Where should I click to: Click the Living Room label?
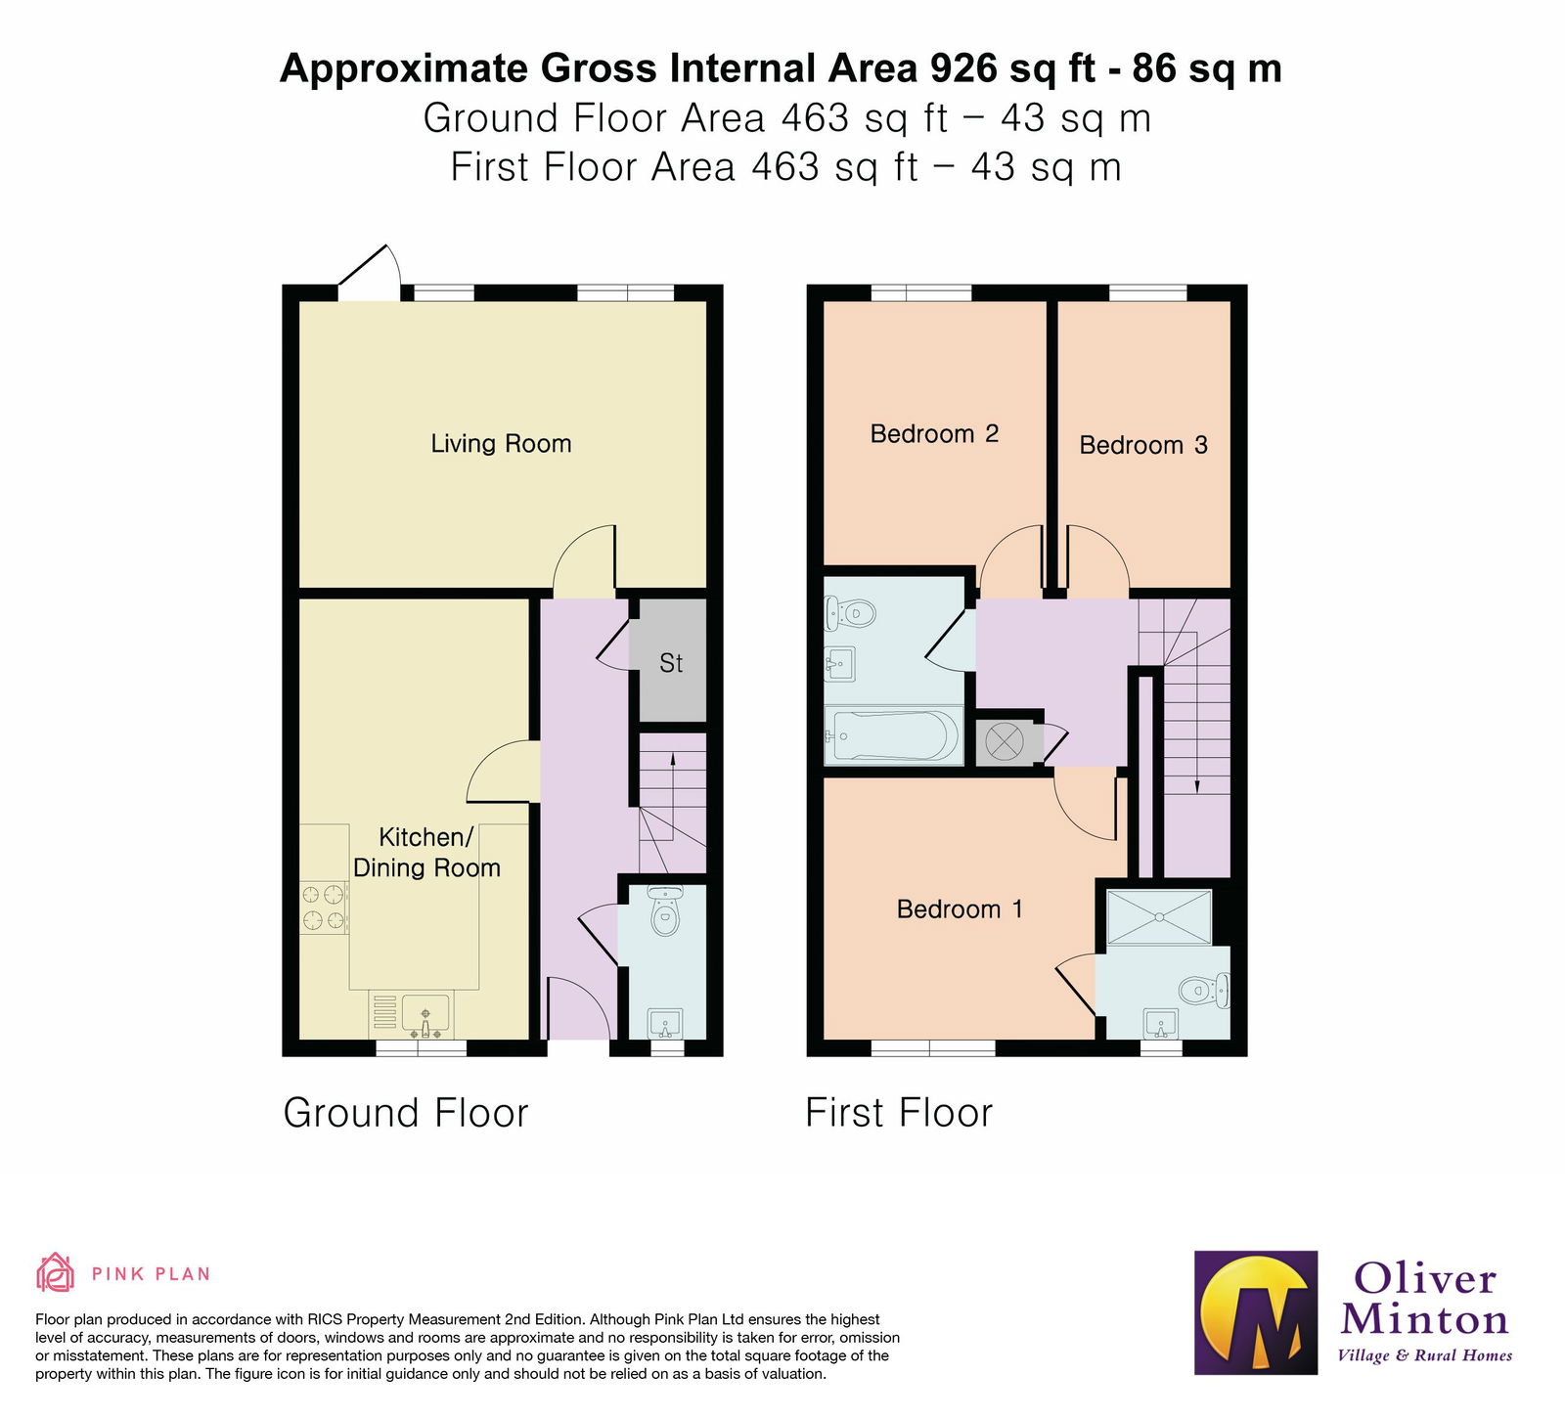point(501,444)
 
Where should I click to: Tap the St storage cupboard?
point(670,663)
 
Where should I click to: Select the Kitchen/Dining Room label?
point(426,853)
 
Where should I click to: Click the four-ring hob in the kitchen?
point(324,907)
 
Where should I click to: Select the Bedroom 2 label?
point(934,434)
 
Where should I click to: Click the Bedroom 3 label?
point(1142,446)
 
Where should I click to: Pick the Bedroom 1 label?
point(959,909)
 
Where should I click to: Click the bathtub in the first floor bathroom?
point(893,736)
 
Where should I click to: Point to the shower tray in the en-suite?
point(1159,916)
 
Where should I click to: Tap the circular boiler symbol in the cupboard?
point(1004,742)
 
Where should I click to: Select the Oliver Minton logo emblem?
point(1256,1312)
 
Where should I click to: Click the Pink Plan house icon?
point(55,1273)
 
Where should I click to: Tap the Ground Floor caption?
point(405,1113)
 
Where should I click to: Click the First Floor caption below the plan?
point(898,1113)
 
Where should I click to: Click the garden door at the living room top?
point(370,274)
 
